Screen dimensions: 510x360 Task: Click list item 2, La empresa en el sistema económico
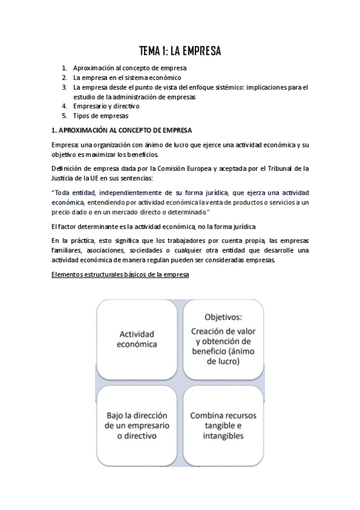coord(127,78)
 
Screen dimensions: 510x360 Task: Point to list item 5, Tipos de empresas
coord(100,115)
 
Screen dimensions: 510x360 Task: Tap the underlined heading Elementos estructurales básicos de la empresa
coord(120,275)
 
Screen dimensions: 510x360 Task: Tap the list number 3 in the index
coord(64,87)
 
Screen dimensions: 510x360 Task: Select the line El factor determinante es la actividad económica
coord(153,226)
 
